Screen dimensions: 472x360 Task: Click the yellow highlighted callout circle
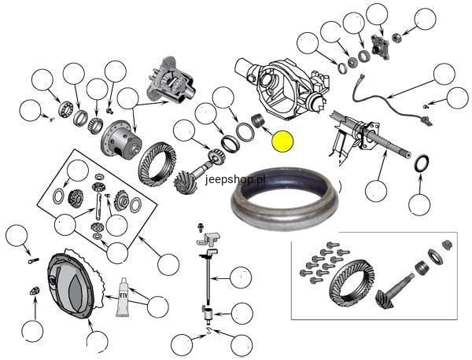(x=282, y=141)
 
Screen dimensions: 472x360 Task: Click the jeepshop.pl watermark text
(x=235, y=179)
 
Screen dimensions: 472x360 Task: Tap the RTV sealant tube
(x=123, y=297)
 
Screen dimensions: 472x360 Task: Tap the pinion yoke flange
(x=380, y=47)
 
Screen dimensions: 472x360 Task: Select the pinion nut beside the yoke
(x=396, y=37)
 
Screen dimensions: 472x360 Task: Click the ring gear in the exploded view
(x=157, y=164)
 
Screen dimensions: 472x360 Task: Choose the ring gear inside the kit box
(x=352, y=281)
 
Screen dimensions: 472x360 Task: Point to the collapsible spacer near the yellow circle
(x=258, y=120)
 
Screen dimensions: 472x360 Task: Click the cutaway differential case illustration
(x=171, y=81)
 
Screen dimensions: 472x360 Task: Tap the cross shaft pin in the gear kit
(x=98, y=207)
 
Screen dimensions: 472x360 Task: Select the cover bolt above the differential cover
(x=33, y=261)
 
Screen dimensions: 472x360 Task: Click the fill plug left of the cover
(x=35, y=291)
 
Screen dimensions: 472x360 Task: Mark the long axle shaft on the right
(x=373, y=132)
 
